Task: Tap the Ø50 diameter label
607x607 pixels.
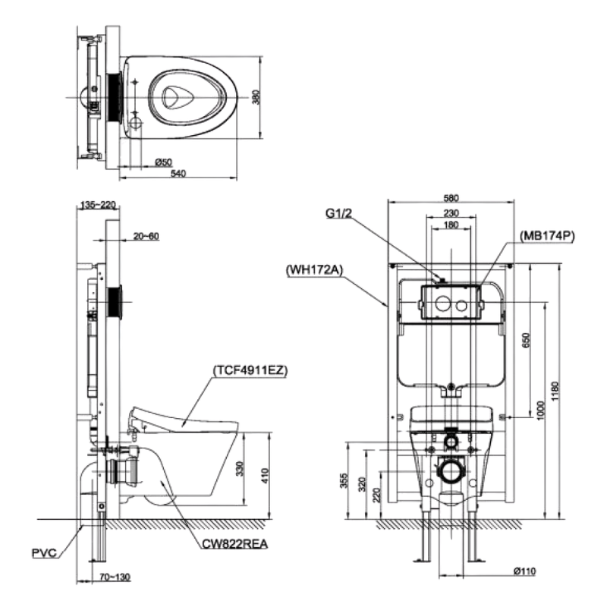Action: (x=162, y=162)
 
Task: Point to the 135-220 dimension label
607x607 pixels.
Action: (x=96, y=204)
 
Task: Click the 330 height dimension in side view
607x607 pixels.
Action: (x=239, y=468)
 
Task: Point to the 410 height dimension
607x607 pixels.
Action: (x=263, y=476)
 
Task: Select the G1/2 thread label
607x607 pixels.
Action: (x=338, y=214)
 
